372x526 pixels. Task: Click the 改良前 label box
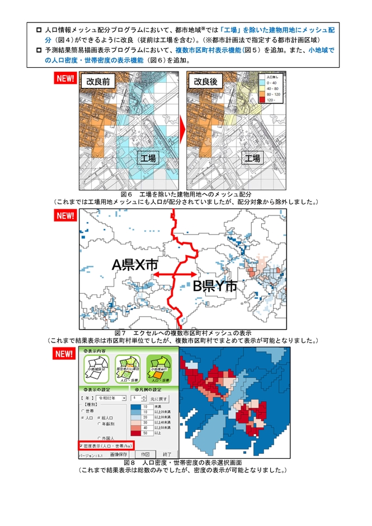(97, 82)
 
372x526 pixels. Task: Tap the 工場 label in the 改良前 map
(148, 158)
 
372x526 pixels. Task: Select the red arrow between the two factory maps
(181, 130)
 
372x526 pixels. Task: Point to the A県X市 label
(134, 264)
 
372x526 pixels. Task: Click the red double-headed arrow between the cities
(174, 274)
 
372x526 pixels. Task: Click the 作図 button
(145, 455)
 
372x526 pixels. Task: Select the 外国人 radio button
(98, 437)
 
